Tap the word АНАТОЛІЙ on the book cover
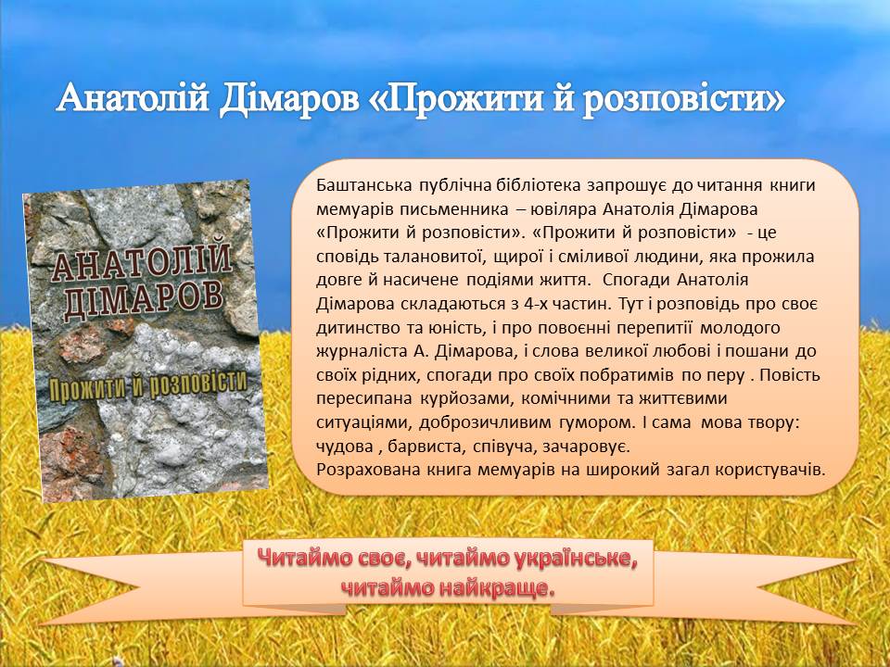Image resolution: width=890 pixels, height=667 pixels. tap(142, 262)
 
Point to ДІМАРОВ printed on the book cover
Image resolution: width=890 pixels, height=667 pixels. tap(144, 300)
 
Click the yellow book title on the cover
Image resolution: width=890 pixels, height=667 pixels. tap(148, 386)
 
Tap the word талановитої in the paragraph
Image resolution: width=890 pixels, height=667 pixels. tap(434, 257)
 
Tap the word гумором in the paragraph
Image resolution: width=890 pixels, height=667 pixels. tap(593, 423)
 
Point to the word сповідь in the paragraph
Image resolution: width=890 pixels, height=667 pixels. tap(348, 257)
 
